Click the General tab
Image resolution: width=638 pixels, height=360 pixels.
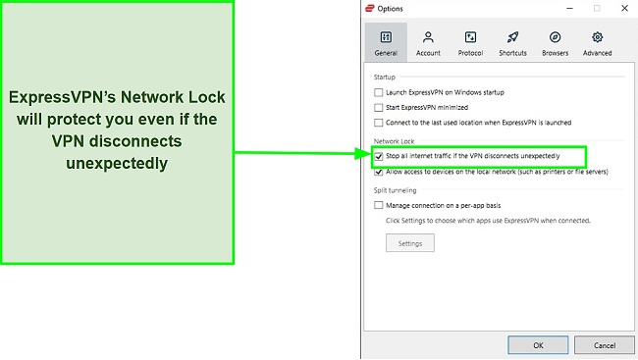point(386,43)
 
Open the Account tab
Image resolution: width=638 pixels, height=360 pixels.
point(428,43)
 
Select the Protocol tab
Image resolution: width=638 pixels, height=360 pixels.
point(470,43)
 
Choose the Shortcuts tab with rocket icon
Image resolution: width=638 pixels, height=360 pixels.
point(512,43)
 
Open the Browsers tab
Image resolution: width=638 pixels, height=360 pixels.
point(555,43)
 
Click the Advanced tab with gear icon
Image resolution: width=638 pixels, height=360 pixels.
point(597,43)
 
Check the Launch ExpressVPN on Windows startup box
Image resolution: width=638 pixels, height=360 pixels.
point(379,93)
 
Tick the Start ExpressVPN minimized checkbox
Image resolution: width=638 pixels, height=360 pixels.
point(379,107)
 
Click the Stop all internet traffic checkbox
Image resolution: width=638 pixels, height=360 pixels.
point(379,156)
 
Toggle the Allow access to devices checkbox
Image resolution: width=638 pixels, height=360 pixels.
point(379,171)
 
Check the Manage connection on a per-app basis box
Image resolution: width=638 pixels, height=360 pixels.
point(379,206)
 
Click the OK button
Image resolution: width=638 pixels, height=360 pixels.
point(538,345)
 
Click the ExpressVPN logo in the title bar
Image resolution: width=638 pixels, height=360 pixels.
point(370,8)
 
